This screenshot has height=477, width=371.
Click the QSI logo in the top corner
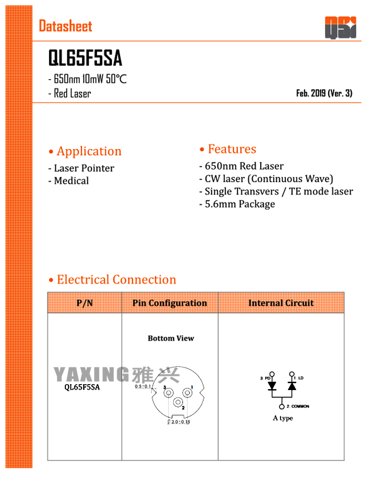click(x=340, y=27)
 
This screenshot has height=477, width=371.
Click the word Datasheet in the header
click(x=66, y=26)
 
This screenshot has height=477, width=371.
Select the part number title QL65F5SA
click(x=85, y=59)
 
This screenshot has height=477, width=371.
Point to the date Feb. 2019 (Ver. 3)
click(x=324, y=93)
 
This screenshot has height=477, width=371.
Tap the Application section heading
click(x=85, y=151)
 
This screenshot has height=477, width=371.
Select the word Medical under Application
click(x=71, y=181)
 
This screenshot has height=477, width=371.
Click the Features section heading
click(x=228, y=149)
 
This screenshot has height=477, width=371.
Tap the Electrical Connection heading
click(x=112, y=279)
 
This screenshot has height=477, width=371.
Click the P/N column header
click(x=85, y=303)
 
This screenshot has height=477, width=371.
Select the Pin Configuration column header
click(x=170, y=303)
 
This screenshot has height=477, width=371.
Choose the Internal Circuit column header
click(x=281, y=303)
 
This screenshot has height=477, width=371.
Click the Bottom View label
click(x=171, y=338)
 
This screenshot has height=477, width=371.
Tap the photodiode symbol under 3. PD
click(x=272, y=387)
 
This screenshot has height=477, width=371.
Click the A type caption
click(x=283, y=418)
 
